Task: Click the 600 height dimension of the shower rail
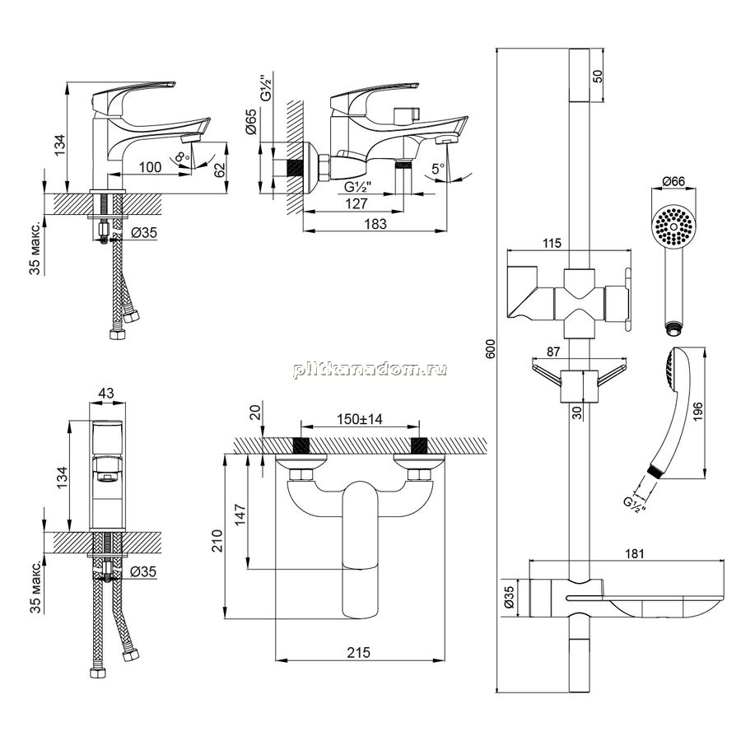491,348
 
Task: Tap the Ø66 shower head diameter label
673,181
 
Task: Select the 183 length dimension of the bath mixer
375,223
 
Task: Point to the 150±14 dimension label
359,419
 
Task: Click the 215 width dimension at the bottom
359,653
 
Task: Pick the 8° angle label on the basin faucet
181,157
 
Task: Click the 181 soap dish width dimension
634,553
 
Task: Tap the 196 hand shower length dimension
697,412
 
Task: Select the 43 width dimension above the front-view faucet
106,394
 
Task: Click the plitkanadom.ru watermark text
370,369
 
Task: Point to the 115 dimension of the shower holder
552,243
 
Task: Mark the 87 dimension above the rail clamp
553,352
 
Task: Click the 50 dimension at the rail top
598,76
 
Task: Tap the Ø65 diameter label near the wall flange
251,122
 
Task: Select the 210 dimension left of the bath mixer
217,540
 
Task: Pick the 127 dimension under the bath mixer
356,203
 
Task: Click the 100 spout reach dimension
151,167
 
